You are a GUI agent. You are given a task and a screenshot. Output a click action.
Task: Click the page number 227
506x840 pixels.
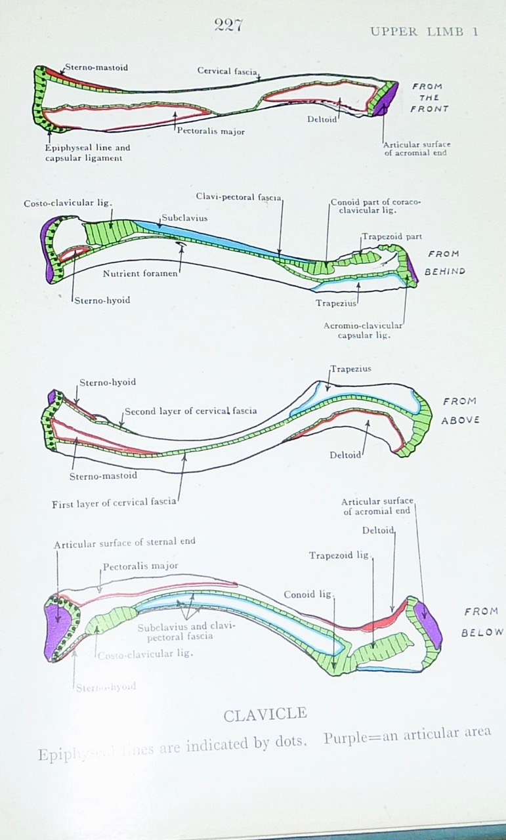click(x=228, y=25)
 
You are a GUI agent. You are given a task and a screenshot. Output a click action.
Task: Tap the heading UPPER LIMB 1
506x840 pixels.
click(x=424, y=31)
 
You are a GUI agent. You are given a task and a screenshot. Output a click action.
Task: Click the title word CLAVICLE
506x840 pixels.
click(x=265, y=715)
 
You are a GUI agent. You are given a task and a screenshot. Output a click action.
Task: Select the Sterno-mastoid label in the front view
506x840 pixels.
click(x=96, y=67)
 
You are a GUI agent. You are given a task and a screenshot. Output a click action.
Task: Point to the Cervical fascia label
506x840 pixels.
click(x=227, y=70)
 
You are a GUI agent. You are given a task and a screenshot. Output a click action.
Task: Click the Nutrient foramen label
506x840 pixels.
click(x=140, y=273)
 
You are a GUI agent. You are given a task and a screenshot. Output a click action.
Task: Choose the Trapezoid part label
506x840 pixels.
click(x=391, y=236)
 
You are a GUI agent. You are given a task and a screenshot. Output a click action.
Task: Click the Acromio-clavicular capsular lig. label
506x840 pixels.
click(x=364, y=330)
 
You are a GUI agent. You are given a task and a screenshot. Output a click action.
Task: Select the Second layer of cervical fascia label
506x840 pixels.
click(x=190, y=411)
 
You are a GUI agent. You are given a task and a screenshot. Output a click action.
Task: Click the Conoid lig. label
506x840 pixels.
click(x=308, y=595)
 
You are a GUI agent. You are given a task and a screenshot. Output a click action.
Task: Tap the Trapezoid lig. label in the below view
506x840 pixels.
click(x=339, y=556)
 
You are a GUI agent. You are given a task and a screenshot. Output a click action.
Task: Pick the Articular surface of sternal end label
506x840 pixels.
click(x=125, y=542)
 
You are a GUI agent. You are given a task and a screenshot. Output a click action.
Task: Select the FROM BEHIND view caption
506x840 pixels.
click(x=446, y=262)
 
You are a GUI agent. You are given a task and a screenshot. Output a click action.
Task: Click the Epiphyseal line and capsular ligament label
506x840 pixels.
click(x=87, y=153)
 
